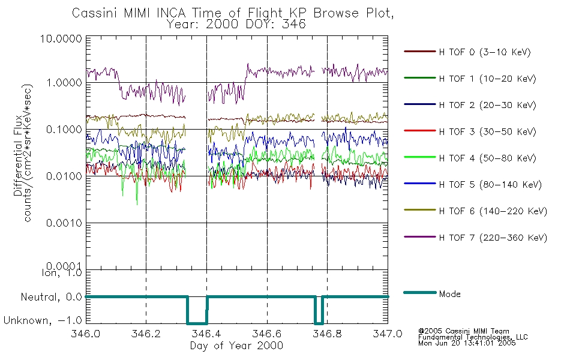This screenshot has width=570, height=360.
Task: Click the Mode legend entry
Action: click(x=449, y=294)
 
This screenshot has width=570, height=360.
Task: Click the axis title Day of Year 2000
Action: click(x=236, y=346)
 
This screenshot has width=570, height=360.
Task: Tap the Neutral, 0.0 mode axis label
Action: click(x=51, y=296)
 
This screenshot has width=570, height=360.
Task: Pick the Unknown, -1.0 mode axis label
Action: click(x=43, y=320)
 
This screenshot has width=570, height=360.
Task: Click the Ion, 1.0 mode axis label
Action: click(x=58, y=273)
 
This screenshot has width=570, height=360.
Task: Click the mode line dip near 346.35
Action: click(x=197, y=322)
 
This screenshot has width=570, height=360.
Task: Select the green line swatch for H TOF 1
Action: click(x=419, y=79)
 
